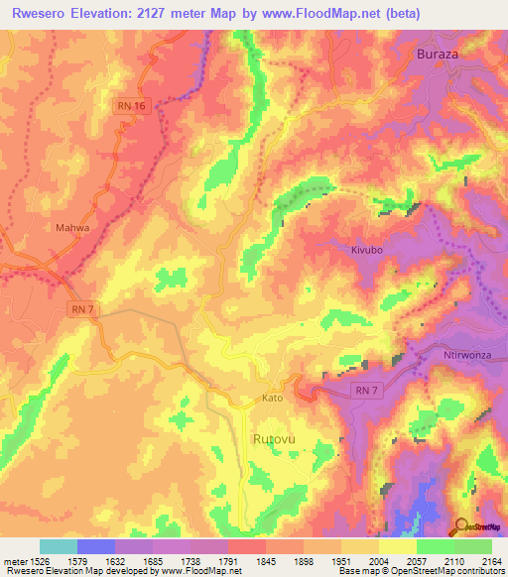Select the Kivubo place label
click(366, 251)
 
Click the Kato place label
click(273, 398)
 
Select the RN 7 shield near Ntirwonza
click(366, 392)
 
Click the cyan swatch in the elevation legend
click(58, 546)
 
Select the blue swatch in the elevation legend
click(95, 546)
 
